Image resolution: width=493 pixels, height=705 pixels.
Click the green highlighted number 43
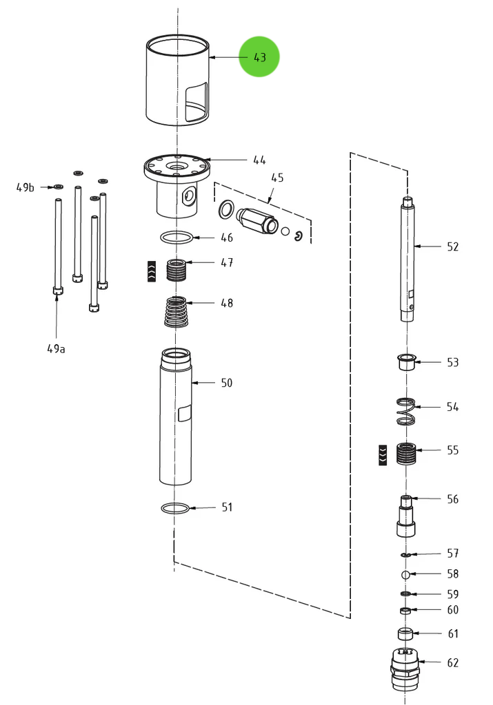[x=259, y=57]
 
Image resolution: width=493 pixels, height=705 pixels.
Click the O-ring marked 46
[x=177, y=238]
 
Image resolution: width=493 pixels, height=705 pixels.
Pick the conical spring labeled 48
[x=178, y=312]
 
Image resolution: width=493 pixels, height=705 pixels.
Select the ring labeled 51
[x=175, y=508]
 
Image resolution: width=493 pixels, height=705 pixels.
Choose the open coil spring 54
[x=407, y=411]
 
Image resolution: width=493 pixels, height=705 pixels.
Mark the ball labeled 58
[x=406, y=574]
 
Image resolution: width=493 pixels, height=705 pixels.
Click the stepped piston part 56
[x=407, y=516]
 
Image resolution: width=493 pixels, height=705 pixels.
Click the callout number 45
[x=276, y=178]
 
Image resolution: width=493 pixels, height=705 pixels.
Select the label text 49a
[x=57, y=348]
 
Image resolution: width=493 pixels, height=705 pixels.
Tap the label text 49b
[x=26, y=187]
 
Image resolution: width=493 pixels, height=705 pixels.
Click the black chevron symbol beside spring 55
[x=383, y=454]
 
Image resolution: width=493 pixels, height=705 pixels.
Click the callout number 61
[x=452, y=633]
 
